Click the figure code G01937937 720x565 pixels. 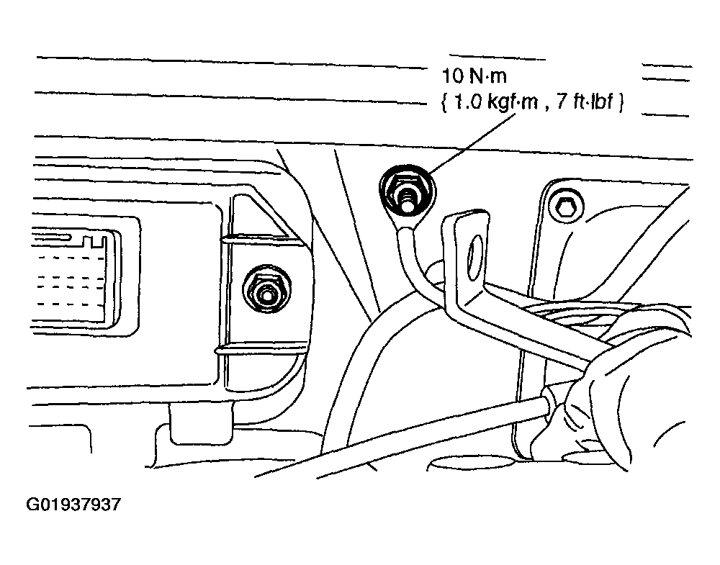point(74,505)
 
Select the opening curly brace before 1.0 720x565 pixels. point(441,103)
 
